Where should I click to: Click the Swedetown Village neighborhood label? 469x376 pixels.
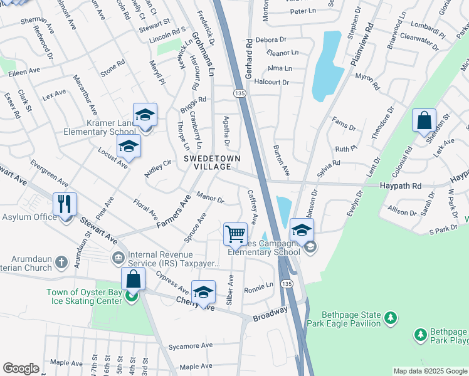[x=211, y=163]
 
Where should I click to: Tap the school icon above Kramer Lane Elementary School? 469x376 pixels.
[x=145, y=115]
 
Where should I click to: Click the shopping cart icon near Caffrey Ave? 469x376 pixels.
[x=235, y=234]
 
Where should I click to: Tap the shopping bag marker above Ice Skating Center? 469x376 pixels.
[x=133, y=279]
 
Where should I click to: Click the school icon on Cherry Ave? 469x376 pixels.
[x=203, y=292]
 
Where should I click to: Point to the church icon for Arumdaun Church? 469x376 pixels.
[x=61, y=261]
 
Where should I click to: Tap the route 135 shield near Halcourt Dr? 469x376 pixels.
[x=239, y=93]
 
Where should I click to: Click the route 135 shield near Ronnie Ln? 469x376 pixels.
[x=287, y=284]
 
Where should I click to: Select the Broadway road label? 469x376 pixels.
[x=270, y=315]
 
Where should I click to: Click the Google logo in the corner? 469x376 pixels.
[x=21, y=368]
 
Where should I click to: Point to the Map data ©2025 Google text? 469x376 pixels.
[x=429, y=371]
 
